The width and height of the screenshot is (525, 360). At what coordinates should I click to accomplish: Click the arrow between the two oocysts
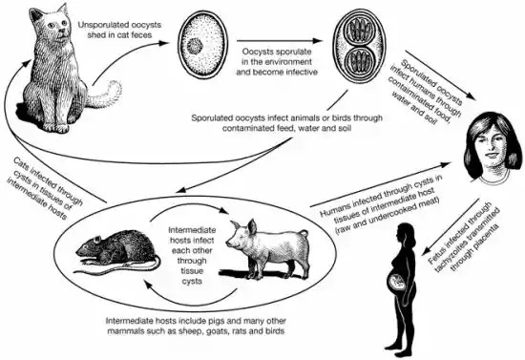coord(286,43)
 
